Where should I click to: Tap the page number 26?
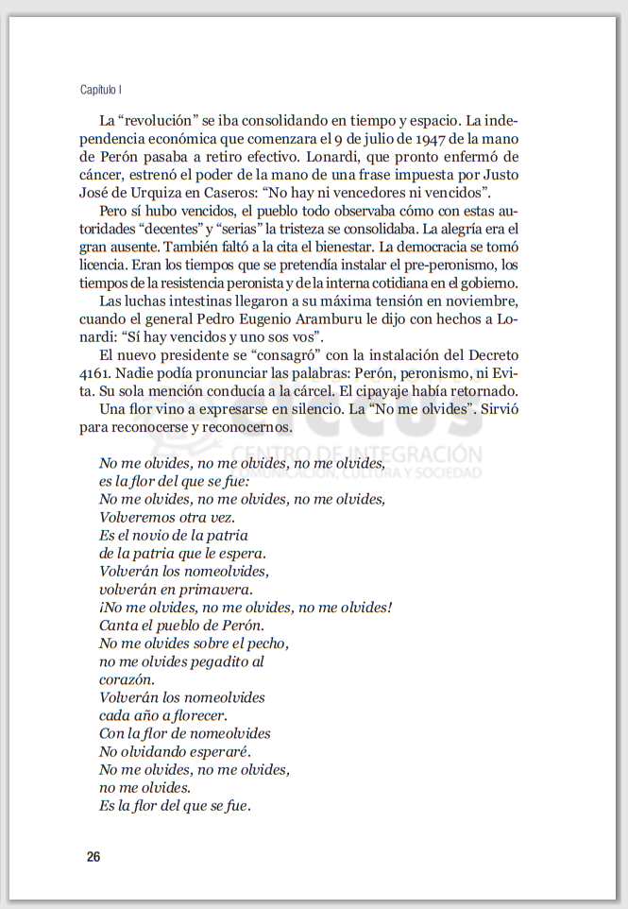pos(93,857)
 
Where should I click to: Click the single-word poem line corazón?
pos(126,679)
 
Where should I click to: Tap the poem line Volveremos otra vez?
pos(166,517)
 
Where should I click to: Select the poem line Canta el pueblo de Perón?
pos(181,625)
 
